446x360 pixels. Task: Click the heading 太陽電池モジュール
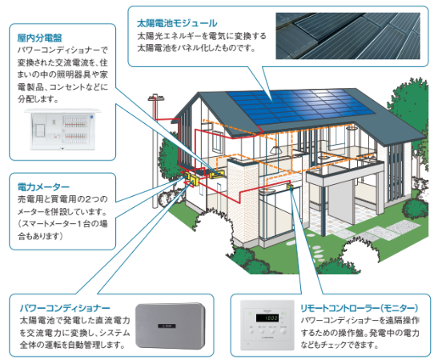[x=177, y=23]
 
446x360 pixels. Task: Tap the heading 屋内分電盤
[x=39, y=38]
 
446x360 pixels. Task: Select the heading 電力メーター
[x=43, y=187]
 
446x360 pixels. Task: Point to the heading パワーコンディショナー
[x=65, y=308]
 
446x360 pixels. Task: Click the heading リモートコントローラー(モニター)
[x=360, y=308]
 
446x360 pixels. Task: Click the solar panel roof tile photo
[x=348, y=36]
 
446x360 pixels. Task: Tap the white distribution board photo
[x=63, y=130]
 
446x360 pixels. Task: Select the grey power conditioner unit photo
[x=170, y=326]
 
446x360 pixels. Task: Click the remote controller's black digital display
[x=267, y=318]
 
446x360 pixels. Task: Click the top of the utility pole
[x=156, y=98]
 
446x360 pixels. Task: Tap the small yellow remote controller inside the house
[x=290, y=186]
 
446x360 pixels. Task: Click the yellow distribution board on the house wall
[x=217, y=174]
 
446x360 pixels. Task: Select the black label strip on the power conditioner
[x=167, y=326]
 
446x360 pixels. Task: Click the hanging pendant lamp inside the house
[x=275, y=149]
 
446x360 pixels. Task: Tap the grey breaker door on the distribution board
[x=39, y=130]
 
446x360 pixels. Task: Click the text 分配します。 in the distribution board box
[x=38, y=99]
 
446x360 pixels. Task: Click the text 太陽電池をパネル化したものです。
[x=196, y=48]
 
